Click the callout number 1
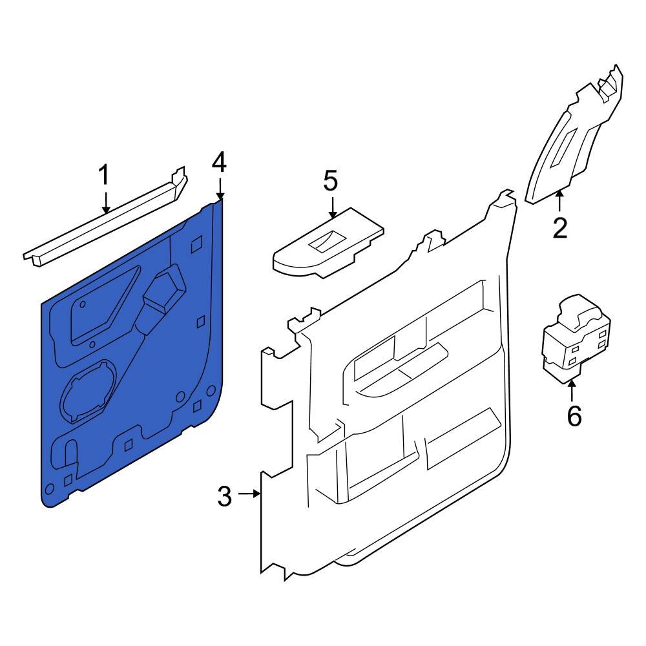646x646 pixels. tap(105, 176)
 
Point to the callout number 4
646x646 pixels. tap(220, 162)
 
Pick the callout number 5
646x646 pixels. tap(330, 181)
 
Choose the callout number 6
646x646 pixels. tap(574, 417)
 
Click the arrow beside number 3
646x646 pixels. tap(249, 495)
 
